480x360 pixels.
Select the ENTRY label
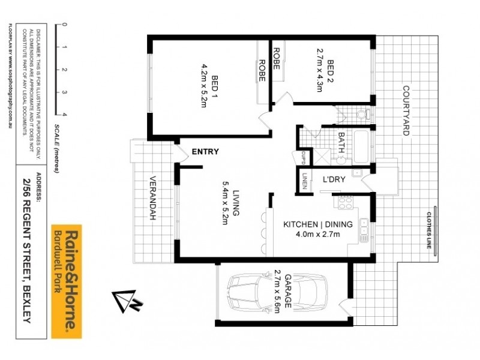205,152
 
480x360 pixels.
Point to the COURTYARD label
405,111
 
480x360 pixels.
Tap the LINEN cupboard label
305,181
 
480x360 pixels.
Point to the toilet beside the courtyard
361,114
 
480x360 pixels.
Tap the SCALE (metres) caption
55,149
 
